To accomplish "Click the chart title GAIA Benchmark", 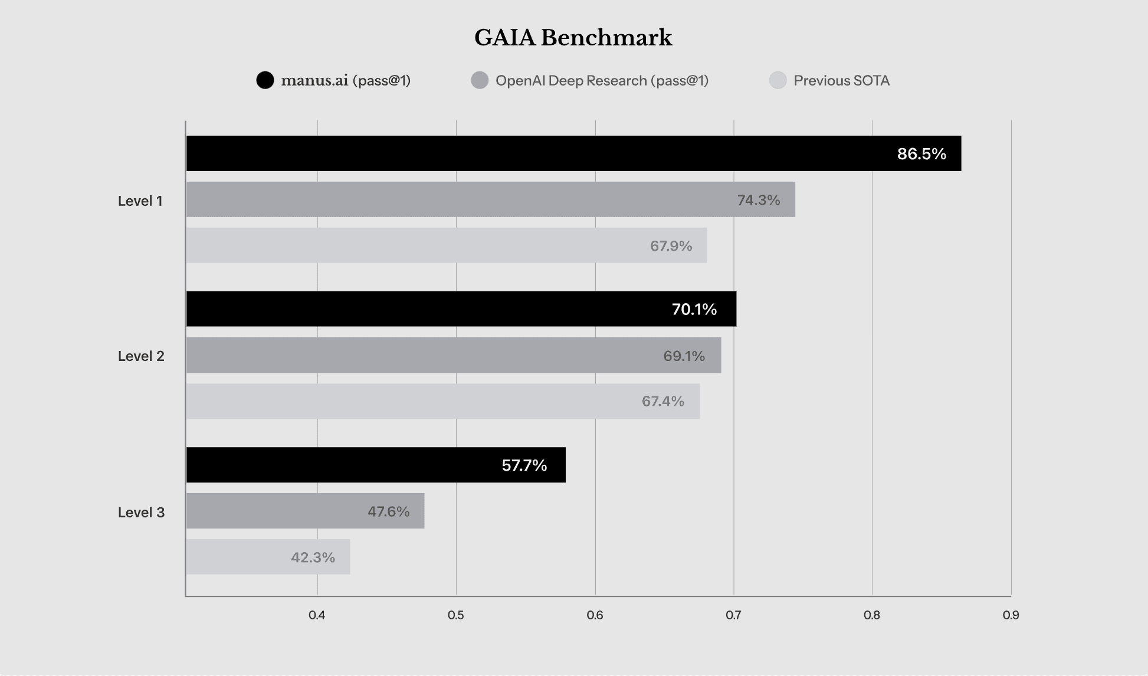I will (573, 38).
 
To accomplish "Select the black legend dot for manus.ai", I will (265, 80).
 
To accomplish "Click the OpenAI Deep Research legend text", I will (602, 81).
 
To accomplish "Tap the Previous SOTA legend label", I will (841, 81).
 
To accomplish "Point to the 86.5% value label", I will (921, 154).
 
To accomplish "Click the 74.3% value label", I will (759, 200).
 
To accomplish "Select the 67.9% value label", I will (671, 246).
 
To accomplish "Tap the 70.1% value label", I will (694, 309).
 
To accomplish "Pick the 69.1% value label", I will (684, 356).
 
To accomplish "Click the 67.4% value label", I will (663, 401).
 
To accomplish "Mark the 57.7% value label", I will (524, 465).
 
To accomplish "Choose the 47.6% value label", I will (388, 511).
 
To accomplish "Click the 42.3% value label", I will (313, 557).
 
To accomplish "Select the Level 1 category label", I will (140, 201).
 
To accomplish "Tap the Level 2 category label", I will (141, 356).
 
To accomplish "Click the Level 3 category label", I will (141, 513).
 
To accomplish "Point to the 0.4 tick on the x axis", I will (317, 615).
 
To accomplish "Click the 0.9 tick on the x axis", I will (1011, 615).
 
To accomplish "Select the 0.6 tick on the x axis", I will (595, 615).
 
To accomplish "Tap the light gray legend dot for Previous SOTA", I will (778, 80).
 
